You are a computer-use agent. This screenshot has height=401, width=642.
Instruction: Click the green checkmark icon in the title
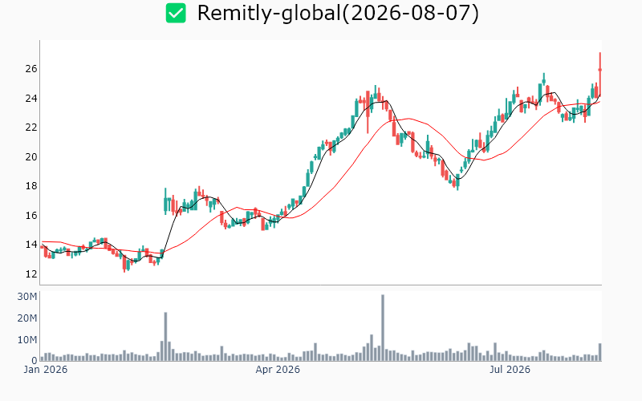176,13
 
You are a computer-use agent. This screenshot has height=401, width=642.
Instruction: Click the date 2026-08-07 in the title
410,13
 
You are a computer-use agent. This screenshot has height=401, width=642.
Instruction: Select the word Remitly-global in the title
269,14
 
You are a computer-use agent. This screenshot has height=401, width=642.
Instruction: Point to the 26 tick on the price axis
31,69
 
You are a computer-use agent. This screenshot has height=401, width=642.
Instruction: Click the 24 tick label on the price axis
31,98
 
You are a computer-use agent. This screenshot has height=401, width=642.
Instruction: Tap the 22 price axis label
31,128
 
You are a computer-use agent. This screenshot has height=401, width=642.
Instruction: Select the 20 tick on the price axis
31,156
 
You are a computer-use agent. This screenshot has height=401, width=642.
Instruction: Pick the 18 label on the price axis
31,186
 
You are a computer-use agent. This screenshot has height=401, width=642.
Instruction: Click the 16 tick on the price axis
31,215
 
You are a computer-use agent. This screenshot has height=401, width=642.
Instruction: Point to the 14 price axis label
31,245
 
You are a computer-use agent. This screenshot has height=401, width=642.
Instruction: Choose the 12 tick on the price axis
31,273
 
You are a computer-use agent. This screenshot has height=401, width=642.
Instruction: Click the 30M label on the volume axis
27,297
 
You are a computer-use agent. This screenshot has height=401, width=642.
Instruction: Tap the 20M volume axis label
27,318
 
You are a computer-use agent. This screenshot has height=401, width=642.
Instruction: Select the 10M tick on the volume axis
27,340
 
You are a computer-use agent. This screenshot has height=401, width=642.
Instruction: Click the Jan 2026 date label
46,370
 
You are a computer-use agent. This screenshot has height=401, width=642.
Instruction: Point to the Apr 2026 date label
278,370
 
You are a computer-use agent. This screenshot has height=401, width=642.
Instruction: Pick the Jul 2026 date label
510,370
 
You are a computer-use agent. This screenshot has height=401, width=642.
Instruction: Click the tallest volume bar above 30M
383,328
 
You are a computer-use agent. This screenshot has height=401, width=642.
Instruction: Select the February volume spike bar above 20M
165,337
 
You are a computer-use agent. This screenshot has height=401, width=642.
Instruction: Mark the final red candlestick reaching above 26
599,75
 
